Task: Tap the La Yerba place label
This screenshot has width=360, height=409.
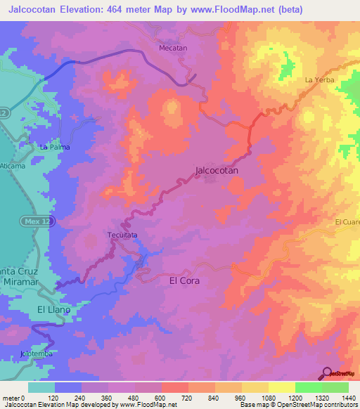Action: [317, 80]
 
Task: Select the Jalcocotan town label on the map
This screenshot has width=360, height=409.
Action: [216, 170]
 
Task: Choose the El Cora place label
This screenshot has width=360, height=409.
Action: [185, 280]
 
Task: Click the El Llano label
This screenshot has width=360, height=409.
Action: [55, 309]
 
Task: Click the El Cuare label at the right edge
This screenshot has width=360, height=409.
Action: [347, 223]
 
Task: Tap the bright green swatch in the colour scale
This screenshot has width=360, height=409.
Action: [308, 387]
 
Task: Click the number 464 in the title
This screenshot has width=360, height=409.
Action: [111, 9]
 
